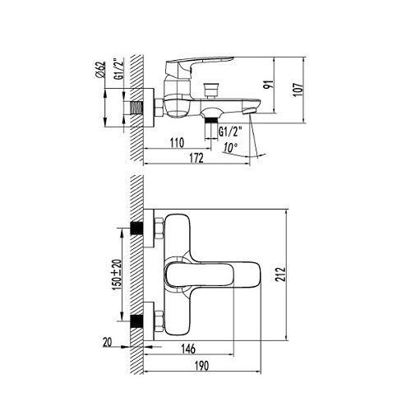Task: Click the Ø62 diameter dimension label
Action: [100, 69]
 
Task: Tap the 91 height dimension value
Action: [268, 85]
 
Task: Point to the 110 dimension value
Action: [178, 143]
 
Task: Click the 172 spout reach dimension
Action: [196, 158]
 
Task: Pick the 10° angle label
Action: [229, 148]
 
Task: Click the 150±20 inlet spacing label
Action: [117, 275]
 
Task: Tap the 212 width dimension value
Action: [281, 275]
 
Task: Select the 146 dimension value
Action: [188, 349]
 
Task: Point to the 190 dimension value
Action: [201, 366]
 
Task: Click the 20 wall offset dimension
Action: [108, 342]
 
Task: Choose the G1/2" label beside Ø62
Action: [119, 69]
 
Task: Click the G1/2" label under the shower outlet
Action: [230, 132]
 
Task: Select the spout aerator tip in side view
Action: [249, 111]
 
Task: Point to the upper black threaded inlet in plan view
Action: [136, 229]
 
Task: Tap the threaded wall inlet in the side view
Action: [136, 108]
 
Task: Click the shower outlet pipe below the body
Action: [211, 128]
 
